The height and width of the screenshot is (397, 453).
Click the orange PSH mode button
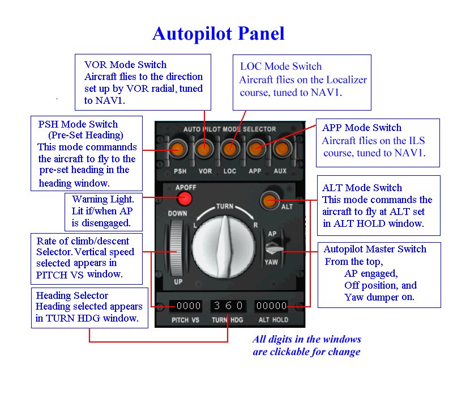[x=178, y=150]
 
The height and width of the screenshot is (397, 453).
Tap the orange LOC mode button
[x=229, y=150]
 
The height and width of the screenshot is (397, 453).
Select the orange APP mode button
[x=255, y=150]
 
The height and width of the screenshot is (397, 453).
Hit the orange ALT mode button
[x=268, y=200]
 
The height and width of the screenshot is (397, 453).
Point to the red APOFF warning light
[x=184, y=198]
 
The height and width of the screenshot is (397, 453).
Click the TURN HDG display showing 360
[x=228, y=306]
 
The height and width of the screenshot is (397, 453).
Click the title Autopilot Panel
[x=218, y=34]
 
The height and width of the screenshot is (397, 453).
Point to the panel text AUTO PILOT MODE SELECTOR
[x=230, y=129]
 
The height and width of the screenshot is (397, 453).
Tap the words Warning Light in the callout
[x=103, y=200]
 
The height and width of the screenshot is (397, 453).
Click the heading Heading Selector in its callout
[x=72, y=295]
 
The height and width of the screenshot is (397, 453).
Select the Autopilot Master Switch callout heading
[x=374, y=249]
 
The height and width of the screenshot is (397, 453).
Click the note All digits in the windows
[x=307, y=340]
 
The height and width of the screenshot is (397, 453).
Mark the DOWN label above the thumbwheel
[x=177, y=213]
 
